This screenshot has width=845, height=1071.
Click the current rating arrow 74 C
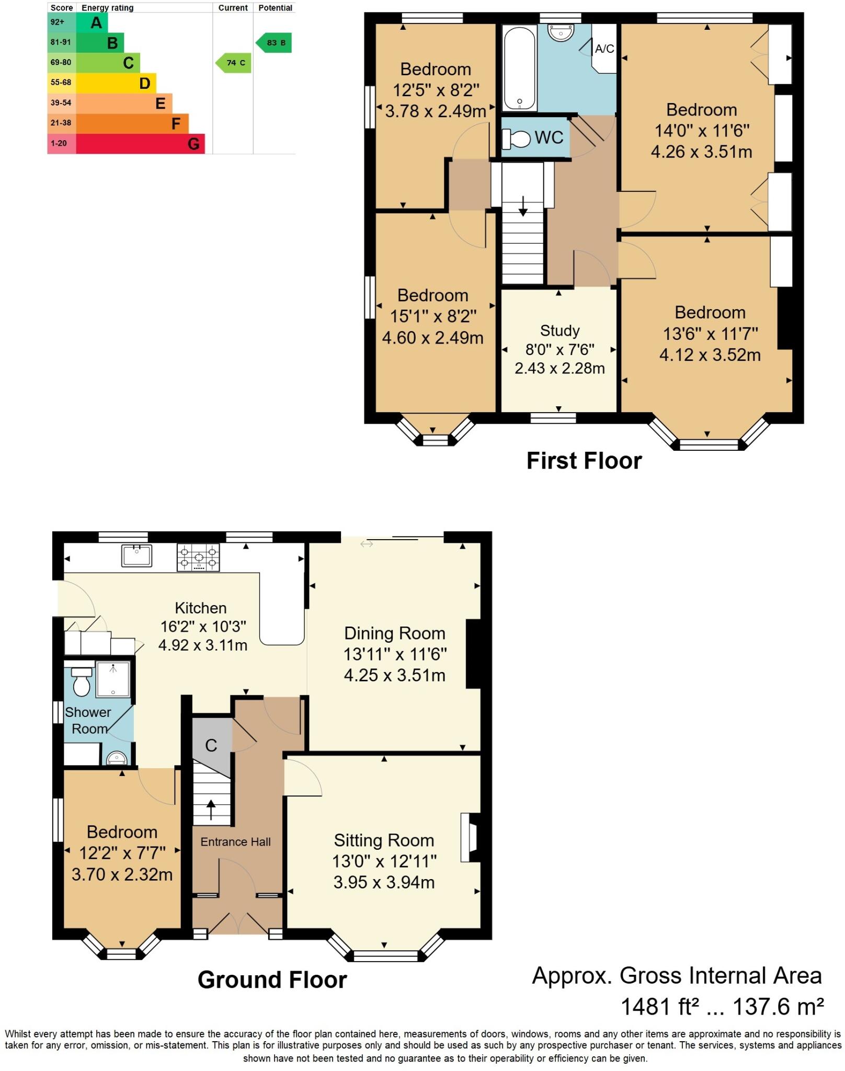[234, 63]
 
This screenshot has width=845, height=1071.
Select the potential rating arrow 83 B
[275, 43]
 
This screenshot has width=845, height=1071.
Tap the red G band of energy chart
[140, 143]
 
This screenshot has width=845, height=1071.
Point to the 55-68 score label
[61, 83]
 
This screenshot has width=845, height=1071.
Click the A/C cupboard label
[604, 49]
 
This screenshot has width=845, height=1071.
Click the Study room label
[559, 331]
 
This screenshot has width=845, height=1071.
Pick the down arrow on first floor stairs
[523, 206]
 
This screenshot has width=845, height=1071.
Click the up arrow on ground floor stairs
[211, 810]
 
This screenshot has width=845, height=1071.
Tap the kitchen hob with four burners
[198, 557]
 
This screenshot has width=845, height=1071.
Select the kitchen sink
[136, 555]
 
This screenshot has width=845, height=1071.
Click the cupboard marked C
[211, 745]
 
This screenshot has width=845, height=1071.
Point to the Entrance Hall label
[235, 842]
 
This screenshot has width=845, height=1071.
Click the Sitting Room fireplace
[469, 837]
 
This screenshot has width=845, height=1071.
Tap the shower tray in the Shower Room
[113, 679]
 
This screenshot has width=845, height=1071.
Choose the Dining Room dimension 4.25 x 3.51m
[394, 675]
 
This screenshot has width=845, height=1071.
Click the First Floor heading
[584, 461]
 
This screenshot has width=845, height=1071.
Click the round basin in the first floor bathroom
[561, 32]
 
